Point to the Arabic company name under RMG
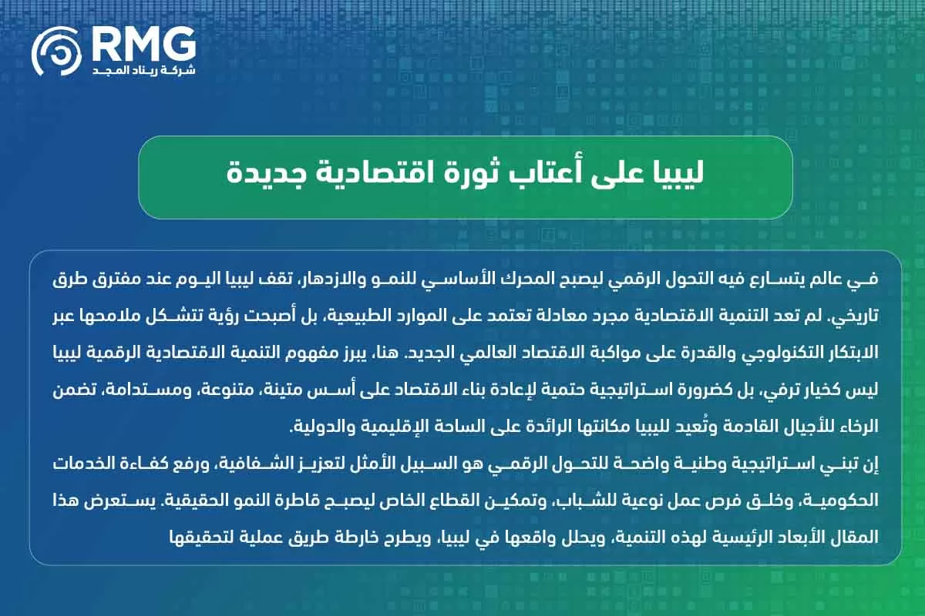[143, 70]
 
